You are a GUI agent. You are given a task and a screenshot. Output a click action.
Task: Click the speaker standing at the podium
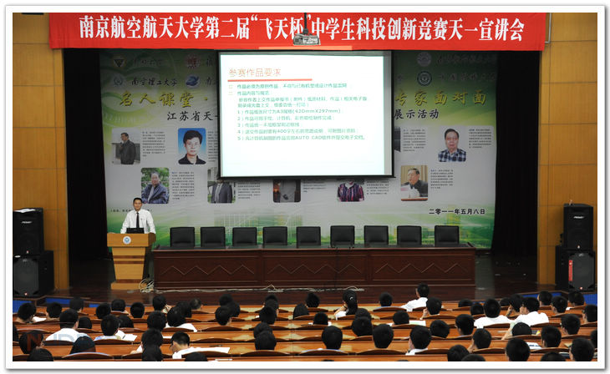(x=137, y=218)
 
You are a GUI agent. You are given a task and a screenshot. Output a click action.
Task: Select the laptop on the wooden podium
(x=134, y=230)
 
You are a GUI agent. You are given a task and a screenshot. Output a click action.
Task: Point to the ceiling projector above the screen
(x=306, y=38)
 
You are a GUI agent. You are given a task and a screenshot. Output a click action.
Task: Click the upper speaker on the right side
(x=577, y=225)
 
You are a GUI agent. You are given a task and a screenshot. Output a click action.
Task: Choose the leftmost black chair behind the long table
(x=181, y=236)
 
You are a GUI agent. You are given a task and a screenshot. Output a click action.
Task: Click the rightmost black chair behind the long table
(x=446, y=235)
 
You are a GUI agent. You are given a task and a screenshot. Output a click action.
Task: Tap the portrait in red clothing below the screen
(x=350, y=191)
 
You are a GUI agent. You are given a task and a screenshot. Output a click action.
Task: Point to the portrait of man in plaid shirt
(x=451, y=144)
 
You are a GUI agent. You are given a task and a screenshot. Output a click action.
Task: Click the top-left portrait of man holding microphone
(x=127, y=147)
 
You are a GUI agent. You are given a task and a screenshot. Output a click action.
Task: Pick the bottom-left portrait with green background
(x=155, y=186)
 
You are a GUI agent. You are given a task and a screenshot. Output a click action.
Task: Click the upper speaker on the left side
(x=28, y=230)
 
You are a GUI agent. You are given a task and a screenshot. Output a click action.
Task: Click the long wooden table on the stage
(x=314, y=265)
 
